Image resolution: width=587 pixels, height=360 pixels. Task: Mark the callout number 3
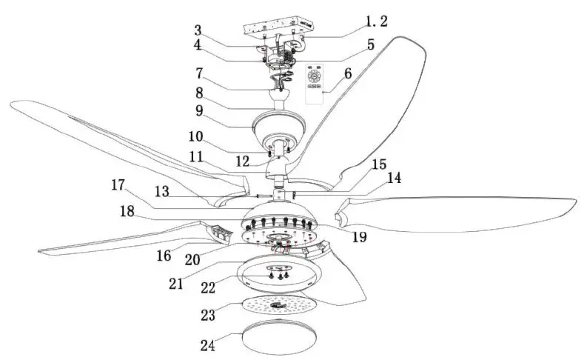[198, 31]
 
